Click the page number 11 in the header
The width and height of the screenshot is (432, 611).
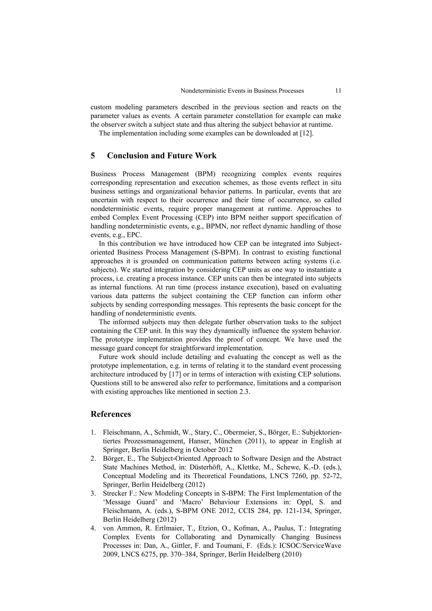pos(338,91)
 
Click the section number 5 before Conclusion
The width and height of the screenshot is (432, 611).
pos(93,156)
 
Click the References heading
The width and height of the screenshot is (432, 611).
pos(111,414)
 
